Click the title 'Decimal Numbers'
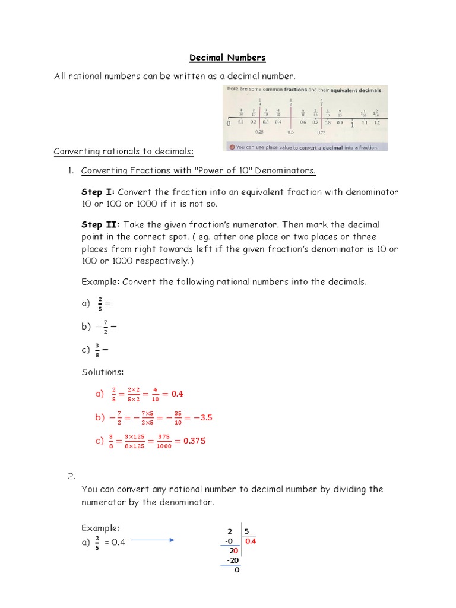(x=227, y=58)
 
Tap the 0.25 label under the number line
(x=259, y=132)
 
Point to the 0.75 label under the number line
(x=321, y=132)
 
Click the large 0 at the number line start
(x=229, y=125)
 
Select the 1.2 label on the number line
(x=378, y=122)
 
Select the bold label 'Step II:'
(x=100, y=225)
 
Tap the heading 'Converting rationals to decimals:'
(x=124, y=151)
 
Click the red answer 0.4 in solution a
(x=177, y=394)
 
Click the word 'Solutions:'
(x=103, y=372)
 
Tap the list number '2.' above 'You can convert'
(x=71, y=476)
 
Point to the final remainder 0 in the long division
(x=236, y=570)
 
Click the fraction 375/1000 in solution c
(x=164, y=441)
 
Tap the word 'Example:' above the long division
(x=100, y=528)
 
